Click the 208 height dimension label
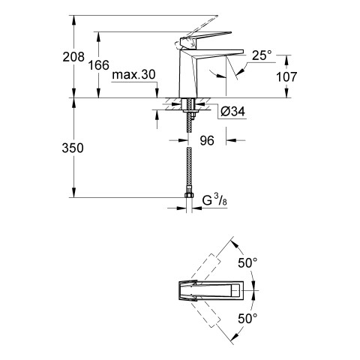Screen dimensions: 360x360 point(73,57)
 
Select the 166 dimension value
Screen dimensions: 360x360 point(99,65)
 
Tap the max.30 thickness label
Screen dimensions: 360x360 point(133,74)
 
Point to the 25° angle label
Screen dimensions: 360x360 point(262,55)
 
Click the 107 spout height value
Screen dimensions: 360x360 point(286,76)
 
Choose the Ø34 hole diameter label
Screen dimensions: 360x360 point(233,112)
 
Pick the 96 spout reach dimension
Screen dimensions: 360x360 point(207,140)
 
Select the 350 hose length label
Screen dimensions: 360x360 point(73,148)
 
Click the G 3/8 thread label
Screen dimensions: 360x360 point(214,201)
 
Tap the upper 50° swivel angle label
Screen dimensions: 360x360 point(247,262)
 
